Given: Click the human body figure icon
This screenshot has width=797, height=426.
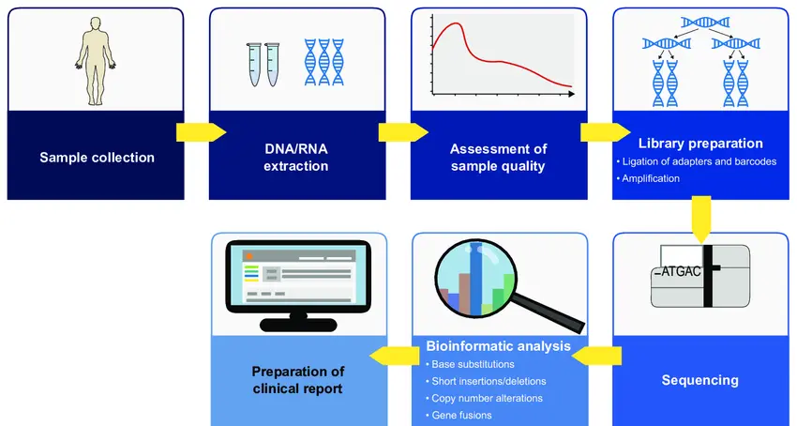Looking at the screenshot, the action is pos(96,61).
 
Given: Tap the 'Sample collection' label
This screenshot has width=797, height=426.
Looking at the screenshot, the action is pos(98,158).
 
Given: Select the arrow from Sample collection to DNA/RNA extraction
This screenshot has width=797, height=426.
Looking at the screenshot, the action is pos(202,132).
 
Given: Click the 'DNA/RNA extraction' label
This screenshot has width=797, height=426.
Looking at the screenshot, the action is pos(296,158).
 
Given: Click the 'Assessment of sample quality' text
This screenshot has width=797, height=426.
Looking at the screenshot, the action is pos(498,158).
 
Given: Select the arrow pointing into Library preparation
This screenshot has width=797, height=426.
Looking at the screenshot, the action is pos(606,132).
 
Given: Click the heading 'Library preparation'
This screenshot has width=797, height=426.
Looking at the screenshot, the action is pos(700,144).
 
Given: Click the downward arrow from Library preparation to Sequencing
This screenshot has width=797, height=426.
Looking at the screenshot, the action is pos(701,219).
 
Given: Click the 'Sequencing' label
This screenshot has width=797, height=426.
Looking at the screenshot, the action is pos(699,380).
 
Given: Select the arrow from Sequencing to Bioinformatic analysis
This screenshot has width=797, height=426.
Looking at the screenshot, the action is pos(596,356).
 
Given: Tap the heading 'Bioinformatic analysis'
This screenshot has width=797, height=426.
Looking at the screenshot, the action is pos(498,346).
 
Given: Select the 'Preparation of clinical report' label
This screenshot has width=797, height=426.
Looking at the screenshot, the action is pos(298,380).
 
